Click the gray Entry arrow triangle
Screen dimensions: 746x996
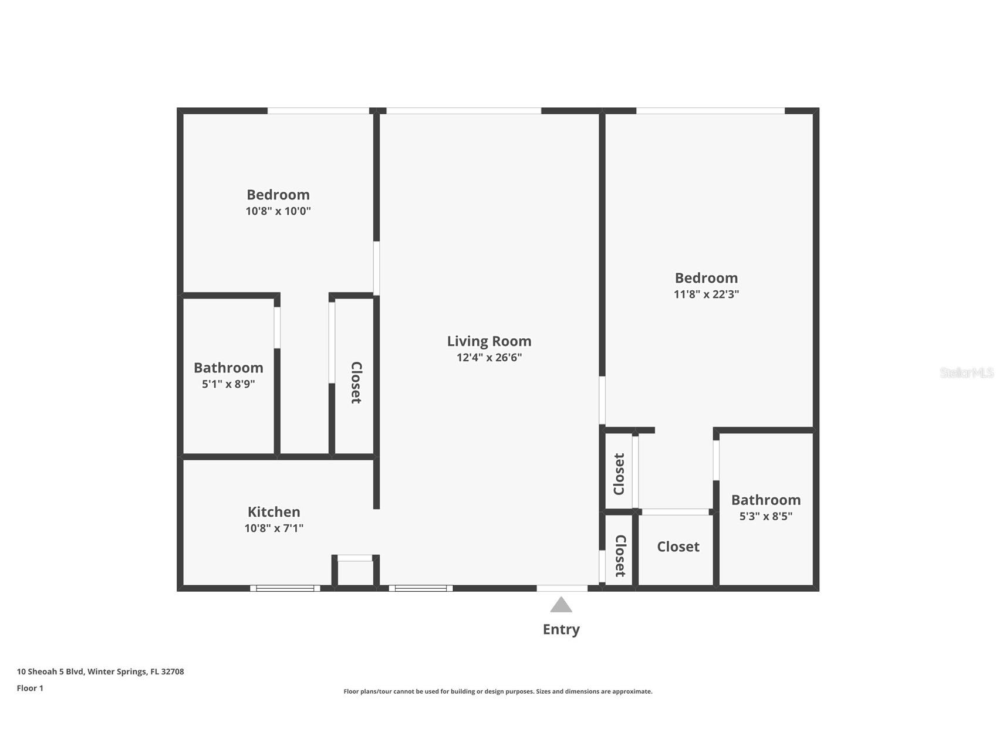point(561,605)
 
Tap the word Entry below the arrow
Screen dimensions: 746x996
point(561,629)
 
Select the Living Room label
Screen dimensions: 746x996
point(489,341)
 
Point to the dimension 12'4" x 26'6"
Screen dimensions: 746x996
point(489,357)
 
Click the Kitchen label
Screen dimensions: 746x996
point(274,511)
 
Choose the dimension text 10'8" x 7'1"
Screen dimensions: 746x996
point(274,528)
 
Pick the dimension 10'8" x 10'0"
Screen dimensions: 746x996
point(278,211)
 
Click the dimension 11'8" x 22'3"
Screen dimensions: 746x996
point(706,294)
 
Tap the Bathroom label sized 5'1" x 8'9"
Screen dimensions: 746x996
point(228,368)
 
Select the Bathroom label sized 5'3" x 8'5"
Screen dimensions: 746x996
point(765,500)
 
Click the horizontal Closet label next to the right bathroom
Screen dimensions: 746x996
point(678,547)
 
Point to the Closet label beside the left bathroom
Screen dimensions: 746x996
point(356,382)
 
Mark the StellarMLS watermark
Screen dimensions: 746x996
point(966,372)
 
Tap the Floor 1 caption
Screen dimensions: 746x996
point(30,688)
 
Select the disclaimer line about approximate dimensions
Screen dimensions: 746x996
point(498,691)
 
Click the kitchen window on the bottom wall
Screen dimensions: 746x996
point(285,588)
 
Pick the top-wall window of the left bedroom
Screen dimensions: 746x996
point(318,110)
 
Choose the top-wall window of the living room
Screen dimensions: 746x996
point(464,110)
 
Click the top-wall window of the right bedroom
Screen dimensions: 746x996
point(710,110)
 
